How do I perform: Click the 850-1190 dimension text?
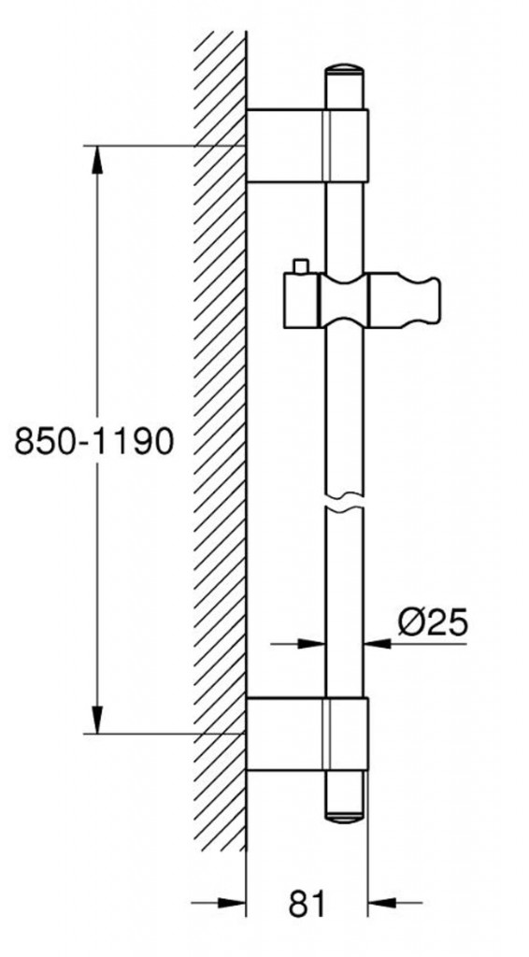click(94, 440)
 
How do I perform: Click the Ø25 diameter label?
click(431, 621)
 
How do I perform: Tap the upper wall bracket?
click(307, 145)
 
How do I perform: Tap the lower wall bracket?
click(307, 734)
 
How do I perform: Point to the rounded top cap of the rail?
click(346, 76)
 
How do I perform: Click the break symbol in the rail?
click(345, 501)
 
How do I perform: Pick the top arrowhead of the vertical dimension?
click(96, 159)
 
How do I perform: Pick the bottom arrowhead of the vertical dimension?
click(96, 719)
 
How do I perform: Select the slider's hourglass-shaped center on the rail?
click(345, 301)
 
